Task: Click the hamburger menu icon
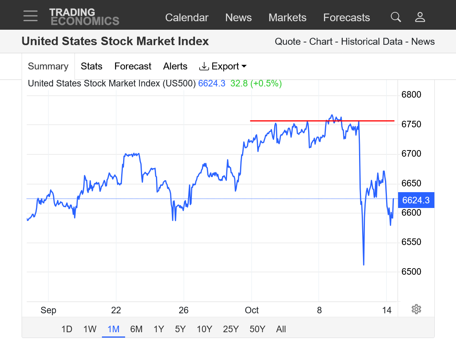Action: click(x=30, y=16)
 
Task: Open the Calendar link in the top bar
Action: click(x=186, y=18)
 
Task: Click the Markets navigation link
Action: click(x=287, y=18)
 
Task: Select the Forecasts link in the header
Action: click(x=346, y=18)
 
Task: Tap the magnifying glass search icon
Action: click(x=396, y=17)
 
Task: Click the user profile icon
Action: click(x=420, y=17)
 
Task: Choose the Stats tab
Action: click(x=92, y=66)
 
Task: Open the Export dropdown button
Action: click(x=223, y=66)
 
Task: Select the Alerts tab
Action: click(x=175, y=66)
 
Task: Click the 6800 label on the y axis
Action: click(x=411, y=95)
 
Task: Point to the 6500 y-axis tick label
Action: click(x=411, y=272)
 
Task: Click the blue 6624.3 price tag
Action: click(x=416, y=200)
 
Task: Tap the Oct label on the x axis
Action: click(x=252, y=310)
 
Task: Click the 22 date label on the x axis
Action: click(x=116, y=310)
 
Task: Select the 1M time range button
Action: click(x=114, y=329)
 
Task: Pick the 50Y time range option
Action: click(x=257, y=329)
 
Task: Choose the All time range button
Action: click(x=281, y=329)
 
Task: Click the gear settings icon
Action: click(x=416, y=309)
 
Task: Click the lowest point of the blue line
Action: click(x=364, y=265)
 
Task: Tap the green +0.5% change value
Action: click(x=266, y=83)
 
